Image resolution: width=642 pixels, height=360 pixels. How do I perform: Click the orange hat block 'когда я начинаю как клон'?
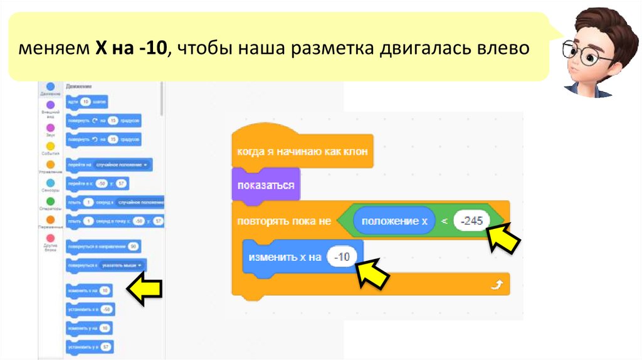[x=302, y=152]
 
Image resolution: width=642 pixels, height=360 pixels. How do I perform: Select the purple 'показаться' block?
[x=265, y=186]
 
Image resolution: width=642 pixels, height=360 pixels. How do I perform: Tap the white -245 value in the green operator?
[x=471, y=221]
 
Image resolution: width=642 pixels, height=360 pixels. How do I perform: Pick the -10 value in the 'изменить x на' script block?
[x=342, y=257]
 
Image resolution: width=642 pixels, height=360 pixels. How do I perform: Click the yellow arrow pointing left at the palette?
[x=144, y=290]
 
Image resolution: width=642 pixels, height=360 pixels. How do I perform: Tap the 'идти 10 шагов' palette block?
[x=88, y=102]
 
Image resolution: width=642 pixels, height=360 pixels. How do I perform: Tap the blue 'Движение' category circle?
[x=51, y=87]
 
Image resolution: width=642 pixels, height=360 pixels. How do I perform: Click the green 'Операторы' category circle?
[x=50, y=202]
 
